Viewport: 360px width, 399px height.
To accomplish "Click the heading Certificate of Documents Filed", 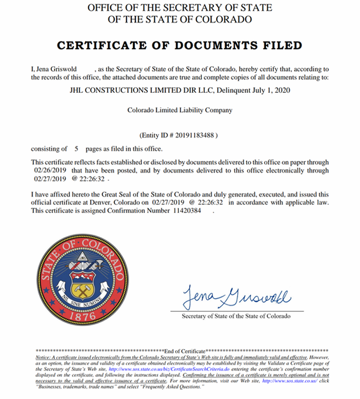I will [x=179, y=45].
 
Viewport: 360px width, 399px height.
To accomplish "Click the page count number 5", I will [x=76, y=149].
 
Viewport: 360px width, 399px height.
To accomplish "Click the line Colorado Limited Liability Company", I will [x=180, y=111].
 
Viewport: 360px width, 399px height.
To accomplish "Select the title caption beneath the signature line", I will [x=236, y=316].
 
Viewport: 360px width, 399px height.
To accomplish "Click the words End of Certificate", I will [x=185, y=350].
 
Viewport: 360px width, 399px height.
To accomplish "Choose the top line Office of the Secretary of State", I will [x=180, y=8].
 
